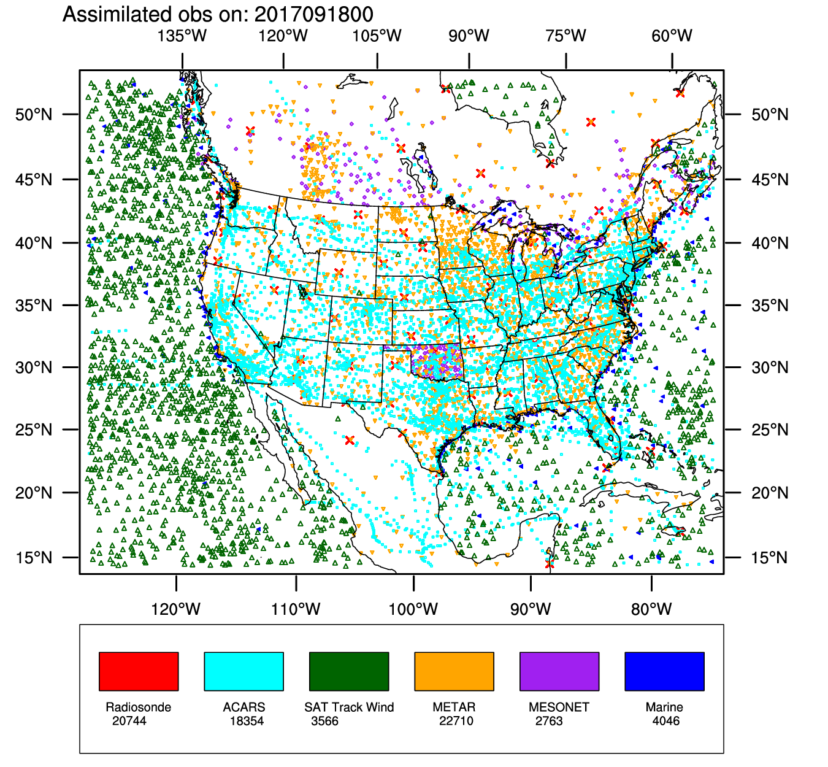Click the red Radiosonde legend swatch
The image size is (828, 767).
[x=139, y=671]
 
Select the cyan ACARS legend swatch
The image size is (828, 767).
[x=243, y=671]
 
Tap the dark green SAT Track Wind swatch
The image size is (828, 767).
[x=349, y=671]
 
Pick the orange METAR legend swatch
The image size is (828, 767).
[x=454, y=671]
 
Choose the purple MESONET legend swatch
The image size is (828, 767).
[x=559, y=671]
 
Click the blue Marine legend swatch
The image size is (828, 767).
[x=664, y=671]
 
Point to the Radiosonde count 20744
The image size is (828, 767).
[x=129, y=721]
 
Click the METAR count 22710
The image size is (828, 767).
[x=456, y=721]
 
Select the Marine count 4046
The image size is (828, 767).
[x=666, y=721]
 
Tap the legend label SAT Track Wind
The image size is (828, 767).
[x=349, y=707]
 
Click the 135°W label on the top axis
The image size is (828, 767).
[x=182, y=36]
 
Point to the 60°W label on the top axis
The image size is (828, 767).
[x=672, y=36]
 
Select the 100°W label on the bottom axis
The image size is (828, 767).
[x=413, y=609]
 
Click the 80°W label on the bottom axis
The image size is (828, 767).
[x=651, y=609]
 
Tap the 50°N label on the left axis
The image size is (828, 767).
[x=34, y=115]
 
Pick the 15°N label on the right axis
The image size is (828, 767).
[x=770, y=558]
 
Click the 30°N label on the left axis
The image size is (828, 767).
[x=34, y=368]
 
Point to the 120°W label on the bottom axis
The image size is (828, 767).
[x=176, y=609]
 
